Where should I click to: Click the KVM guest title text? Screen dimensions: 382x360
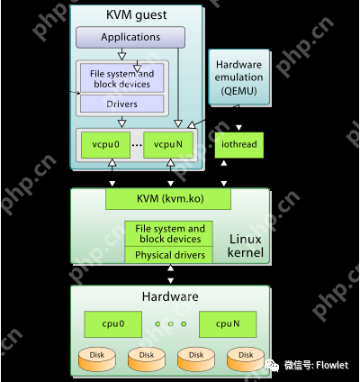[x=130, y=14]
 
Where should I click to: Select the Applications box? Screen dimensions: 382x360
[x=130, y=38]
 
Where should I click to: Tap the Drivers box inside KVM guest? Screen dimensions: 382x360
[x=121, y=103]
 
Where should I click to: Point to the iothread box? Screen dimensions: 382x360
[x=238, y=145]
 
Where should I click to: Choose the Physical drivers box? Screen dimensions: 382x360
[x=170, y=255]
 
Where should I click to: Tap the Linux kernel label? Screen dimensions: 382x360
[x=246, y=246]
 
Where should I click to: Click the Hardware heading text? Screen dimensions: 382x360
[x=170, y=296]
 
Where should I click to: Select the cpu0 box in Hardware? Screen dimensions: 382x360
[x=113, y=323]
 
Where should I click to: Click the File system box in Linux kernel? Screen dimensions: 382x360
[x=170, y=234]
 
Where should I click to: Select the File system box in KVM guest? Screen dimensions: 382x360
[x=121, y=78]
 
